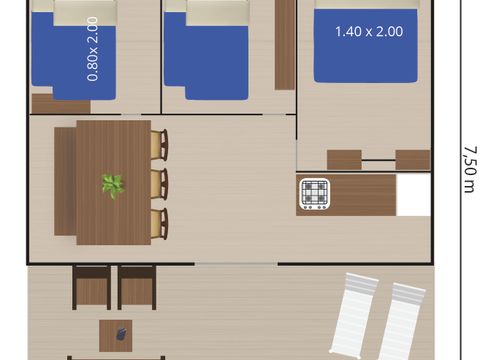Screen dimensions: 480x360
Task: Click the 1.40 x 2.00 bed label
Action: (x=369, y=32)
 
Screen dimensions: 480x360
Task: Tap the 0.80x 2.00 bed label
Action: (x=92, y=49)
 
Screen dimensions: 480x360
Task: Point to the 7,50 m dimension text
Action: (x=470, y=169)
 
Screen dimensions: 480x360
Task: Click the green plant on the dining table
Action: (x=113, y=186)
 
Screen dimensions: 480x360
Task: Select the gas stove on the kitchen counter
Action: (x=314, y=194)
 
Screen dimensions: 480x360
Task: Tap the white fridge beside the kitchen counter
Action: (x=413, y=195)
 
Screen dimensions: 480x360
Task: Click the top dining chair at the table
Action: (x=159, y=144)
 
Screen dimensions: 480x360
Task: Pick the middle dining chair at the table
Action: (x=159, y=184)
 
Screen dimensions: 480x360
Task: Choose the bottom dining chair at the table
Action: (x=159, y=224)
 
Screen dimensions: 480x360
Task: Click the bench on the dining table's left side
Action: (x=65, y=181)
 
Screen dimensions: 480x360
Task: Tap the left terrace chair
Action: (x=91, y=287)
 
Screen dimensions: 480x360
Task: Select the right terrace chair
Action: (x=137, y=287)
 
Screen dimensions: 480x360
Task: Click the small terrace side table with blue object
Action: (x=116, y=336)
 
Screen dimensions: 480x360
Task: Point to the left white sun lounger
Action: (x=354, y=313)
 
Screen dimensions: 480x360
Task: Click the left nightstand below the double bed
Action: (x=344, y=160)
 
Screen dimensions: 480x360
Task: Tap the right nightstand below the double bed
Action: (x=413, y=160)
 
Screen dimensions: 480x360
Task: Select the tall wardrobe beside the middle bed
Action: (x=285, y=45)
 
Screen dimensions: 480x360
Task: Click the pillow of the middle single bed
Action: (x=217, y=13)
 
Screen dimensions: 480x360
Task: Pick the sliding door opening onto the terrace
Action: (x=236, y=264)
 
